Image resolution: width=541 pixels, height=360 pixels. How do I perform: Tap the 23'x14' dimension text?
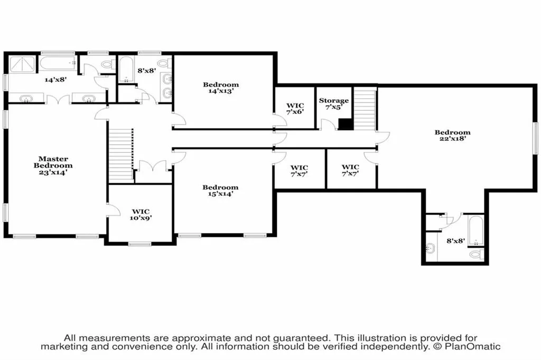click(53, 172)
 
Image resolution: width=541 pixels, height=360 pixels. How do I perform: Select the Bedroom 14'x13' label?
click(221, 88)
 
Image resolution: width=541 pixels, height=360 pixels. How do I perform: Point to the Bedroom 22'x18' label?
click(452, 135)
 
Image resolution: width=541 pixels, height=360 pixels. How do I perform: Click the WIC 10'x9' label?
click(141, 214)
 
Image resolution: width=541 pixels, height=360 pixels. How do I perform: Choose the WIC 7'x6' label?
click(295, 109)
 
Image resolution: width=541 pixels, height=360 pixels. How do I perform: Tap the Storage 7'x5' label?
click(334, 103)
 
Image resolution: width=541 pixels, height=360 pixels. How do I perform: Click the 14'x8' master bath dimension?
click(55, 79)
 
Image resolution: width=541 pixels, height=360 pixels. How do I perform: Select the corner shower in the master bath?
click(22, 64)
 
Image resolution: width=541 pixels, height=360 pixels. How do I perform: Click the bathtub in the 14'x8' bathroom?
click(57, 63)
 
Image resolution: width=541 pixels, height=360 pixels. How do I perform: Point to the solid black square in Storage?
click(346, 124)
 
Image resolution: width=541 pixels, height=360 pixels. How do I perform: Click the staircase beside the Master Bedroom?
click(121, 154)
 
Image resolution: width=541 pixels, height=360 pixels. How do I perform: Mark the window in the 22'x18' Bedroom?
click(536, 138)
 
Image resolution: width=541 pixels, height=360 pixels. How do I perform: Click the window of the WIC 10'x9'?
click(139, 244)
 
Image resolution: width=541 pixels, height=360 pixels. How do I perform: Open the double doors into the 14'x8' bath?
click(58, 100)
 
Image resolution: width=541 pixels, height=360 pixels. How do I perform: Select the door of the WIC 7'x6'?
click(280, 120)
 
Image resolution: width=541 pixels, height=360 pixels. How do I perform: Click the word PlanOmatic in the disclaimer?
click(472, 347)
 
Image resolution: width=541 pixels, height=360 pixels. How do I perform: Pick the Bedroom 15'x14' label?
click(220, 191)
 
